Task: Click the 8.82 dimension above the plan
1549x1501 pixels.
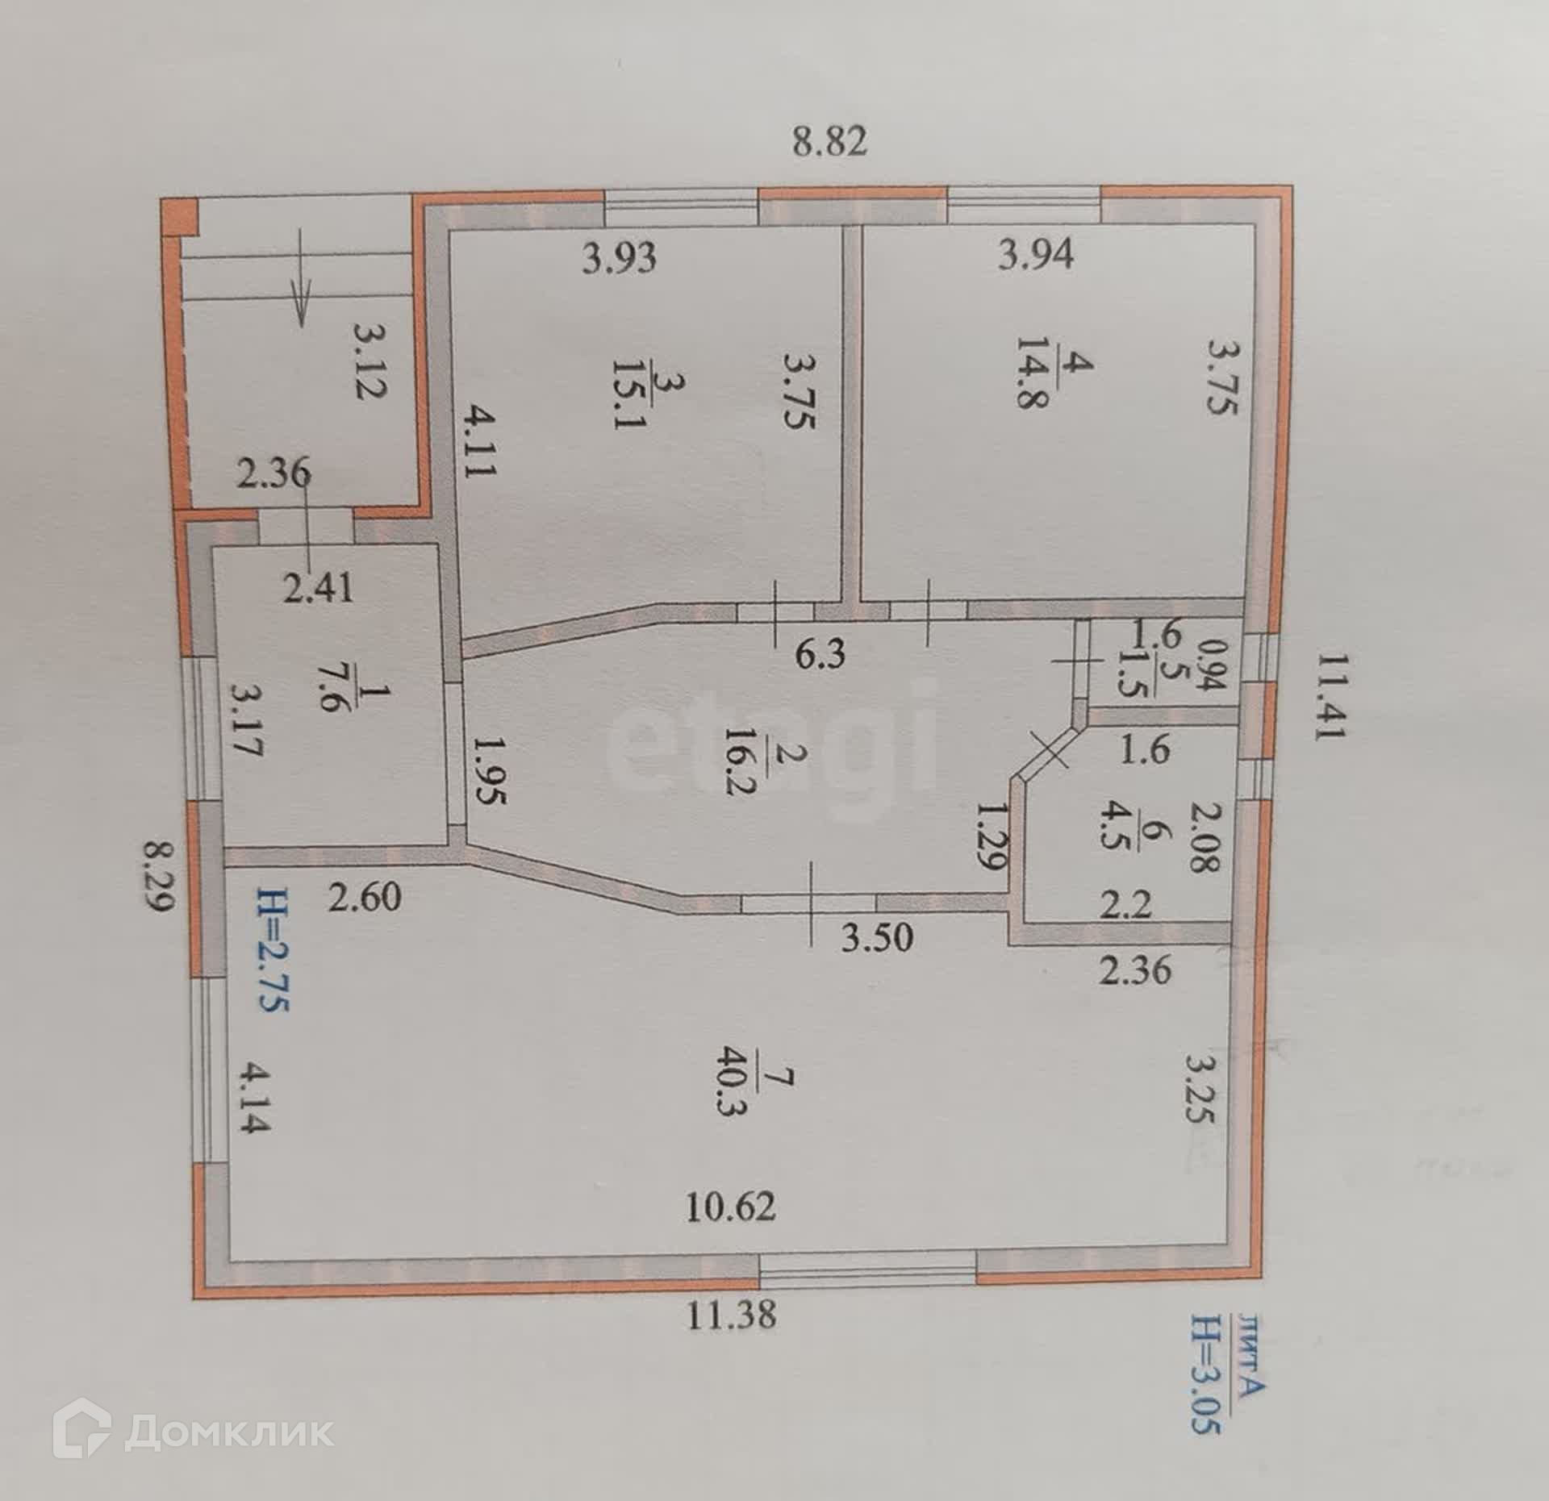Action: [x=829, y=142]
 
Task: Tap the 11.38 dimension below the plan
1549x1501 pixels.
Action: [x=732, y=1314]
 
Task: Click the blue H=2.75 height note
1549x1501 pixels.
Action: [x=273, y=949]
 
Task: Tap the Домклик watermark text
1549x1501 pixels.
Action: [x=230, y=1433]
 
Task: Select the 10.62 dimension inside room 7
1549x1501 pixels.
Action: [x=731, y=1230]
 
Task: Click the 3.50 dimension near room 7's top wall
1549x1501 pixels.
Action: [x=877, y=938]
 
